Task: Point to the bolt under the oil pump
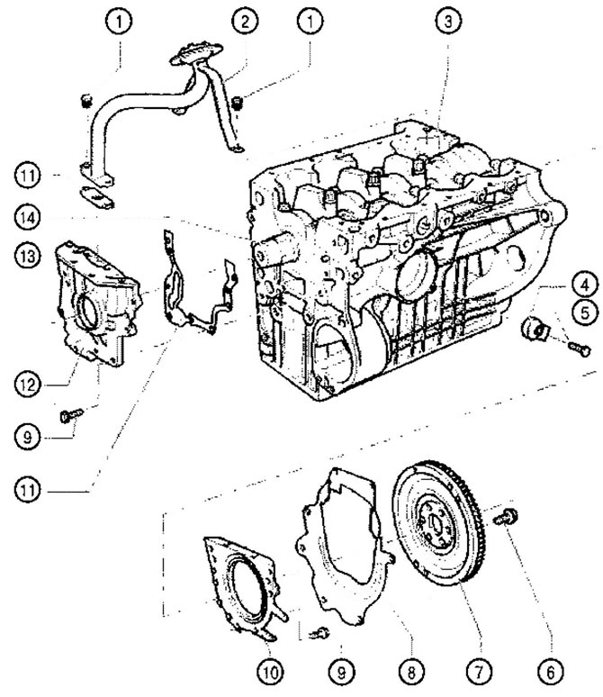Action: pos(68,415)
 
